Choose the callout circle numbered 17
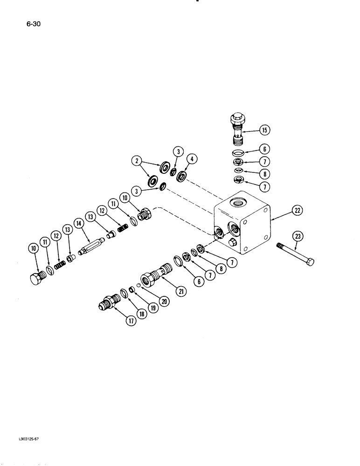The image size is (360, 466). point(132,322)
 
